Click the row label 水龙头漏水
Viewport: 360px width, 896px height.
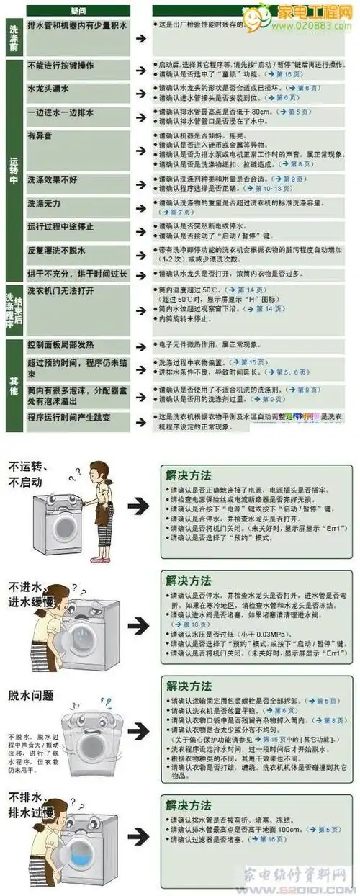pos(48,89)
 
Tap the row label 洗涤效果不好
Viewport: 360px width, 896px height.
pos(53,180)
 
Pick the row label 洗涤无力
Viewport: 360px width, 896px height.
pos(43,204)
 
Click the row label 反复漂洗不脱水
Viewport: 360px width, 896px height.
pos(56,251)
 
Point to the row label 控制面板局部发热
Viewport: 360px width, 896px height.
pos(60,344)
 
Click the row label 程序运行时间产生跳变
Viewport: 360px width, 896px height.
pos(68,417)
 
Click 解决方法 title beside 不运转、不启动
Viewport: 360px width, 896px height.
pos(189,475)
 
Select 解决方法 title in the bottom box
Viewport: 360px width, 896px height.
pos(189,805)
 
